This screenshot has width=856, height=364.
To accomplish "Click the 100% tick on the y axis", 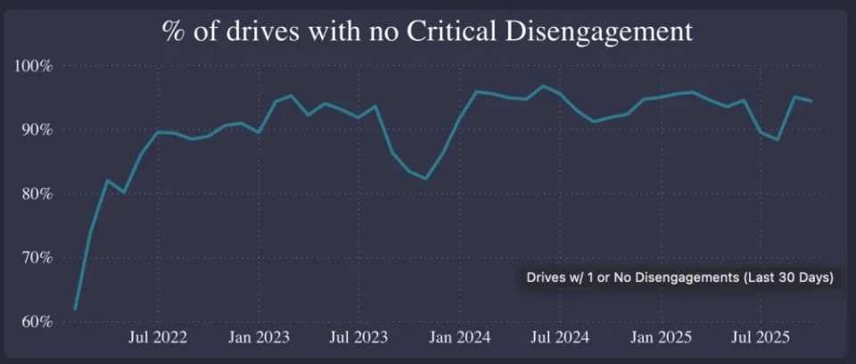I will (x=34, y=66).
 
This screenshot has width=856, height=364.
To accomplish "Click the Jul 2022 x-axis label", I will (x=157, y=338).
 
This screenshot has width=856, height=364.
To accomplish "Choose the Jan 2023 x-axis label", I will (x=258, y=338).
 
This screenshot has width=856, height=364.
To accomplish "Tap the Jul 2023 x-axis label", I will (x=358, y=338).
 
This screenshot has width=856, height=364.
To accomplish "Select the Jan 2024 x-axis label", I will (x=459, y=338).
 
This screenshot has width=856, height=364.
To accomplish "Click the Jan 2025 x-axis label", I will (x=662, y=338).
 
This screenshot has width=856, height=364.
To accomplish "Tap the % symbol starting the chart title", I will (x=173, y=32).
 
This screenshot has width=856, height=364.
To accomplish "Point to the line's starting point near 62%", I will (x=75, y=309).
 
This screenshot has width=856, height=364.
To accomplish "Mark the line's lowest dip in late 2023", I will (x=425, y=178).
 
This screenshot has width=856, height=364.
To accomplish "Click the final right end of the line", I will (x=811, y=101).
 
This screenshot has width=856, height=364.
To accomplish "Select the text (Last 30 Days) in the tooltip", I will (x=789, y=277).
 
